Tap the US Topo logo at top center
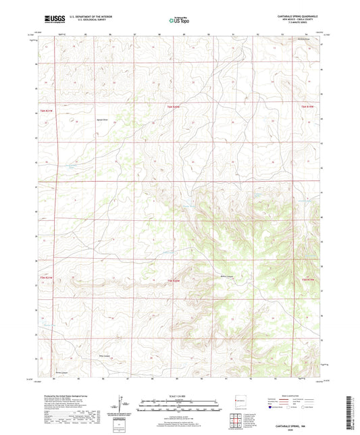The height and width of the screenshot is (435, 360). point(179,20)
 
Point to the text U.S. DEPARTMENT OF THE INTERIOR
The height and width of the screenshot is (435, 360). point(84,17)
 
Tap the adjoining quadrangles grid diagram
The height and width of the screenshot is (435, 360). point(236,422)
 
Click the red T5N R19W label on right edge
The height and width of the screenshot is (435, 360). point(308,280)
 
